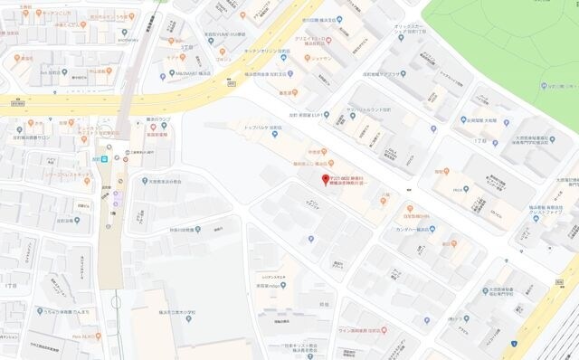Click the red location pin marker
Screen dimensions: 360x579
(327, 179)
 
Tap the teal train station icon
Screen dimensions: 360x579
(104, 158)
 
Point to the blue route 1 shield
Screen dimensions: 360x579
(513, 344)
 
